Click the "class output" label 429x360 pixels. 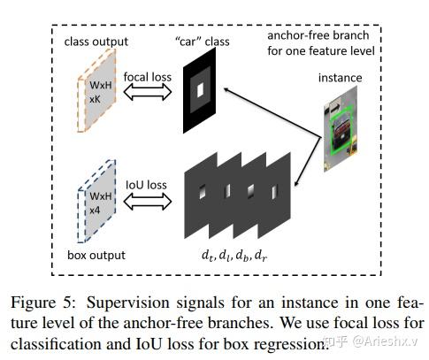[96, 42]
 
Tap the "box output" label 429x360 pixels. [96, 256]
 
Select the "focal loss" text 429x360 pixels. [148, 77]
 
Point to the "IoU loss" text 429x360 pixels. [146, 185]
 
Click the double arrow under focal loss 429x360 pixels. [148, 92]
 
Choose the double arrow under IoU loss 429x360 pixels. [148, 202]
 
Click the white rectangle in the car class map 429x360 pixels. [201, 89]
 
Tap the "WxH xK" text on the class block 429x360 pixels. [101, 92]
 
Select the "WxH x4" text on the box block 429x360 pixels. [101, 203]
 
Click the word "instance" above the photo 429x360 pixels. [340, 78]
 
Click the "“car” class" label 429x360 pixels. [202, 42]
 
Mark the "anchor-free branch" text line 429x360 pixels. [318, 35]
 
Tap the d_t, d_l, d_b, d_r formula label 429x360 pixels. [234, 256]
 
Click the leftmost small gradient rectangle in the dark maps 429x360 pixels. [203, 192]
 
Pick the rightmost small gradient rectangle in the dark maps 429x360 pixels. [274, 192]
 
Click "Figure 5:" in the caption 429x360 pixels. [43, 303]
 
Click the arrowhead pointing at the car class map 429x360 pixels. [226, 89]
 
